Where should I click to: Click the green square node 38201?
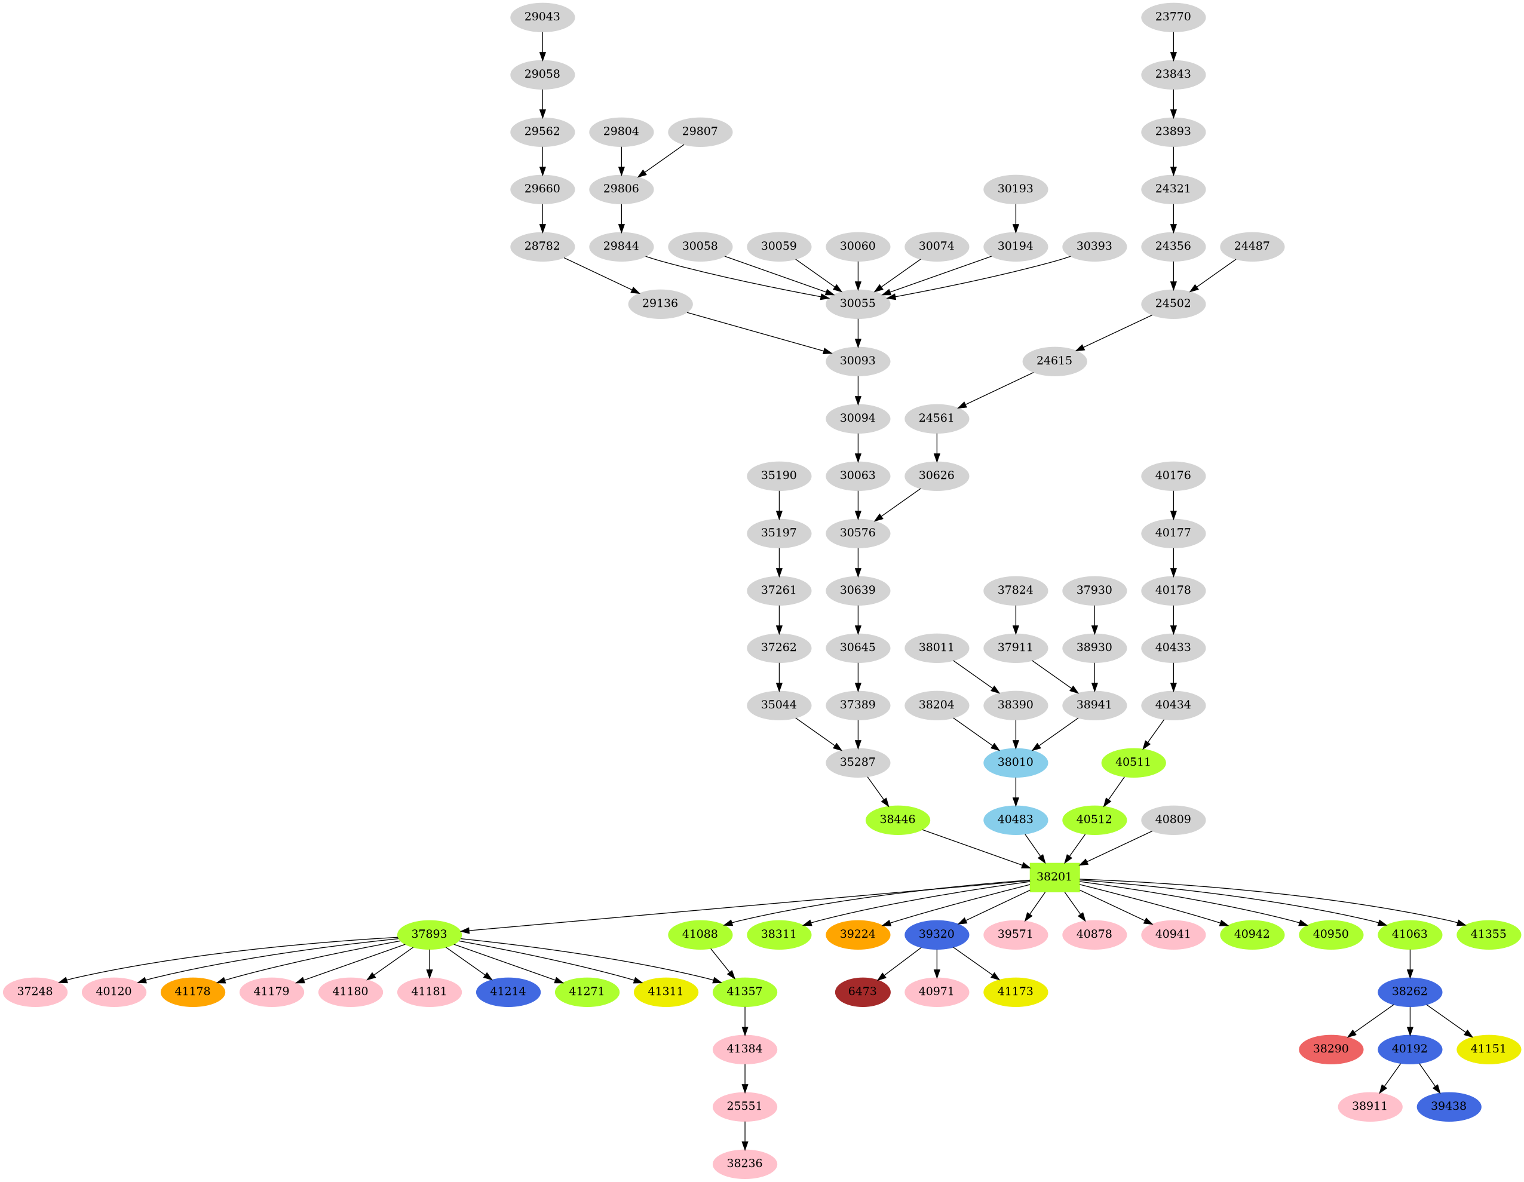click(x=1054, y=876)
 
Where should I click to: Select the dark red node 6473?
click(x=863, y=991)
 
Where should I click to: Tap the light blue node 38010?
click(x=1015, y=762)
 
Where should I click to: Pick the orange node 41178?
click(x=192, y=991)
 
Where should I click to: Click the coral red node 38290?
click(x=1330, y=1049)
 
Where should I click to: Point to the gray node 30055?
click(x=858, y=303)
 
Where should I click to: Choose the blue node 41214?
click(x=508, y=991)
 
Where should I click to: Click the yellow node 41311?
click(x=665, y=991)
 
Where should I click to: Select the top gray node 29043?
click(x=542, y=17)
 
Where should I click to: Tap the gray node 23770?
click(x=1173, y=17)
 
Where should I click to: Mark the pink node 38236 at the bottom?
click(x=744, y=1163)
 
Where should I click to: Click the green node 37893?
click(x=429, y=934)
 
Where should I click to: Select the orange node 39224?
click(x=858, y=934)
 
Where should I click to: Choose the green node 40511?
click(x=1133, y=762)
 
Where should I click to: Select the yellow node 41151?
click(x=1488, y=1049)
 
